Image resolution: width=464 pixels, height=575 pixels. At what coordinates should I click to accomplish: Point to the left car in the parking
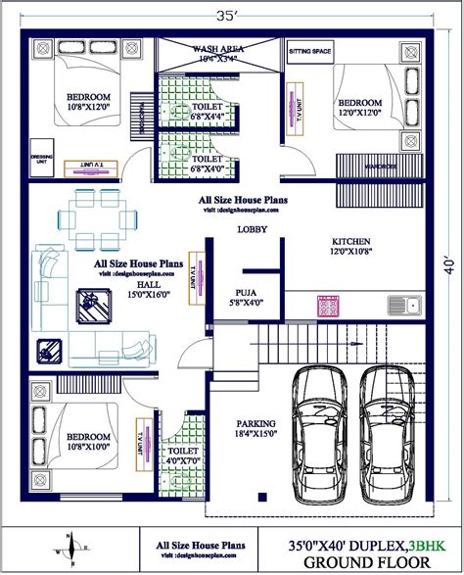point(321,430)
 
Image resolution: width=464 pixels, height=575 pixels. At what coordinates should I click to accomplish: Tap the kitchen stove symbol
point(326,306)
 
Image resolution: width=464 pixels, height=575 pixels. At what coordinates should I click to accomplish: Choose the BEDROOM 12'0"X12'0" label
point(359,107)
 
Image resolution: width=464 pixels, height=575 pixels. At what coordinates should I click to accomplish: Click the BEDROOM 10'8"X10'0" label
point(87,443)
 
